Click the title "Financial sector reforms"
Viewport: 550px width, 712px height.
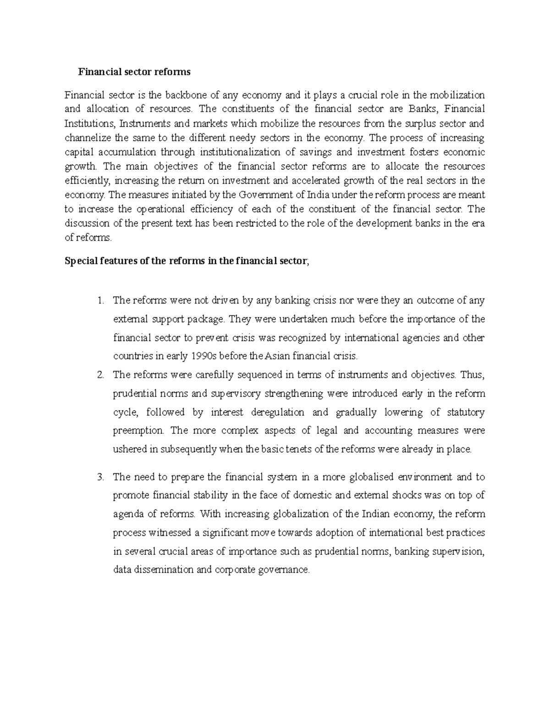pos(134,72)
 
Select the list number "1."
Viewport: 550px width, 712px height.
pos(101,301)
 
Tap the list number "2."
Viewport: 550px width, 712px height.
pos(101,375)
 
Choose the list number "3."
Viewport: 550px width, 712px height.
pos(101,477)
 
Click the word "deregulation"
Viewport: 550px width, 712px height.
pos(277,412)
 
